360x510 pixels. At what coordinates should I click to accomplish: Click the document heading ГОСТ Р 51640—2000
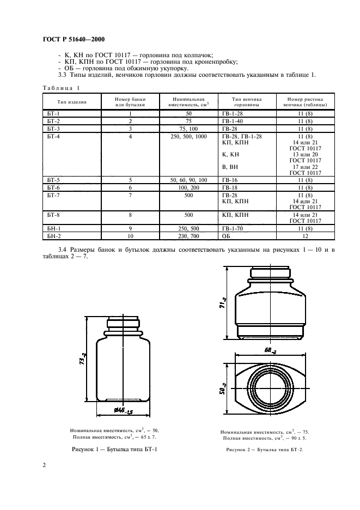[74, 40]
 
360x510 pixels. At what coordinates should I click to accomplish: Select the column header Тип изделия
[72, 102]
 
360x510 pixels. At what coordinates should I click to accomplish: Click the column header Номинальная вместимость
[188, 102]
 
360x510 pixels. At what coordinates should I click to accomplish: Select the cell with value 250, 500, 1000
[188, 137]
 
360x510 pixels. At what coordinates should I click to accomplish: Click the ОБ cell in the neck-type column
[225, 236]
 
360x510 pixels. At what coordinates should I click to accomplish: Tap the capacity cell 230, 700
[188, 236]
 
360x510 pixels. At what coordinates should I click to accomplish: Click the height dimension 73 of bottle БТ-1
[83, 359]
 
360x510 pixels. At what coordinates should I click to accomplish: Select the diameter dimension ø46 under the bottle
[124, 411]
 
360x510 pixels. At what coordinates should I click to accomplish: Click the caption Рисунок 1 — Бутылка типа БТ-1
[114, 450]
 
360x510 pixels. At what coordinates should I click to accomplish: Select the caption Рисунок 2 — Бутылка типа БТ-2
[265, 450]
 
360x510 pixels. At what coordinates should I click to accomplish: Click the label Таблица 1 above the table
[61, 88]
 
